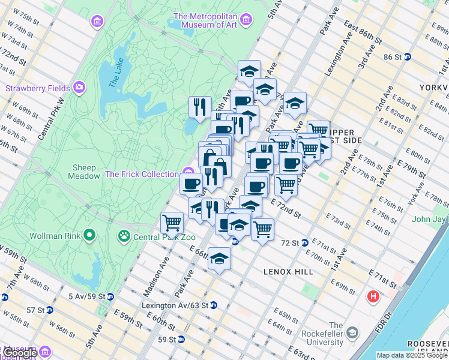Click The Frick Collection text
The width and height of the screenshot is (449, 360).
141,174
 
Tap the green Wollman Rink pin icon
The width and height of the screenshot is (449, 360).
89,235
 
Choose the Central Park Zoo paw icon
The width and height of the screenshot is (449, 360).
124,236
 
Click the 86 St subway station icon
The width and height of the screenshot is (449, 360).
408,57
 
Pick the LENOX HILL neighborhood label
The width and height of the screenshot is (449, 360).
289,272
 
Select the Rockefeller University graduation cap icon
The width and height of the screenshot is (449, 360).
353,332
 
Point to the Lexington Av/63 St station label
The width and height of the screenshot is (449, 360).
175,305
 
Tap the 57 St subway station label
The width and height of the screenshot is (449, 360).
36,310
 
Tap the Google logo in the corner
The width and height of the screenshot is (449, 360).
19,353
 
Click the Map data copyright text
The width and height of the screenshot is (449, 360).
412,355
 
